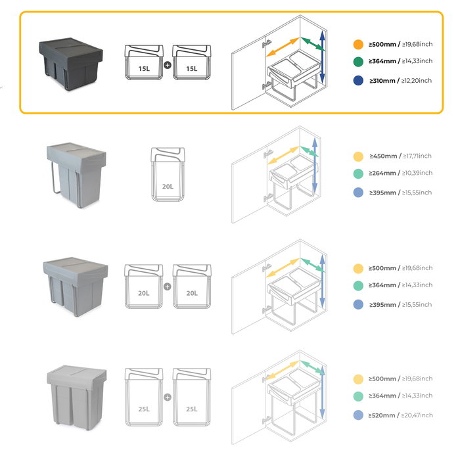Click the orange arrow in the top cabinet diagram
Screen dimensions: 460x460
284,51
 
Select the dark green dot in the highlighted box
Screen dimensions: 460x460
357,61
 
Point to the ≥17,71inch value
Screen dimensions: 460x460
417,156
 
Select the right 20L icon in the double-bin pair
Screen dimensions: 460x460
191,287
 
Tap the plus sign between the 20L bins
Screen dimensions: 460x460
167,287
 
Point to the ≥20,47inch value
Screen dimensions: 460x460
417,415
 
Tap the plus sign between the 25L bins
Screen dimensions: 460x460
167,397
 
